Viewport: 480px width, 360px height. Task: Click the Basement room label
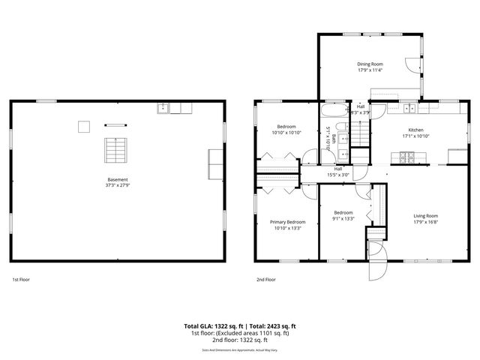[117, 179]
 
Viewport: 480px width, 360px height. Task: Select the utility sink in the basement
[163, 109]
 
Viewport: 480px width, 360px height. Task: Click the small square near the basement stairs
[85, 126]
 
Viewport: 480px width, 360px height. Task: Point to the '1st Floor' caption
[21, 279]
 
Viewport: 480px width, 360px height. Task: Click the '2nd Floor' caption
[265, 279]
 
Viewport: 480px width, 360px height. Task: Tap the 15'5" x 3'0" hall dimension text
[338, 175]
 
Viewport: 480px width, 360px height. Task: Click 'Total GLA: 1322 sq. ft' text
[214, 326]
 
